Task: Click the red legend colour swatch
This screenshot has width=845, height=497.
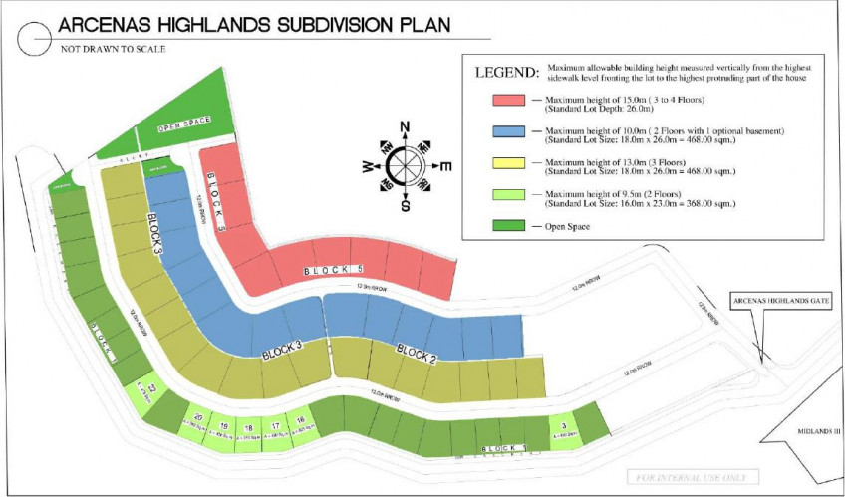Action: point(509,101)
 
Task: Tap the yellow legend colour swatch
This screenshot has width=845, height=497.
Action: point(509,166)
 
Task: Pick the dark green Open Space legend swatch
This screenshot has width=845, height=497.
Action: point(509,227)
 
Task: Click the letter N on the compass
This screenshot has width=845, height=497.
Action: point(405,126)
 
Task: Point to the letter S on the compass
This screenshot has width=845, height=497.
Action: point(405,206)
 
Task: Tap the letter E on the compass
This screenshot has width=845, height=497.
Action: point(445,165)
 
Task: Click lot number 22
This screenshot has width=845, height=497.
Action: point(152,388)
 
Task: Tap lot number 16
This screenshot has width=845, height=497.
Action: point(300,421)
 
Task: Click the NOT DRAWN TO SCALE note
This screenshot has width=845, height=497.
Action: point(112,48)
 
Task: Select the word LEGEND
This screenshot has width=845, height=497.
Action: point(507,73)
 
